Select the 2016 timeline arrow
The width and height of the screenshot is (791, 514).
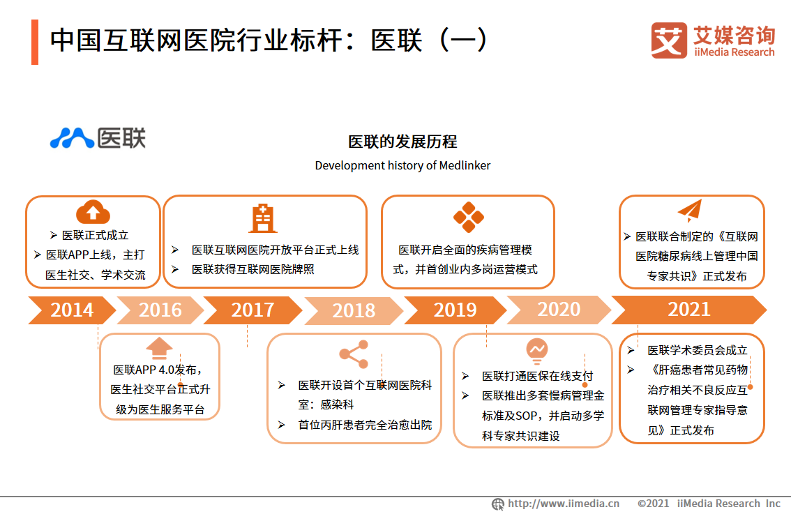(x=160, y=310)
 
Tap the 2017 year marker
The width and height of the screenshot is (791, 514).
(x=253, y=310)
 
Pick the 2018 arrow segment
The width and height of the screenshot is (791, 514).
(x=354, y=310)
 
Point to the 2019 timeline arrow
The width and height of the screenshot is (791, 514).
(x=455, y=310)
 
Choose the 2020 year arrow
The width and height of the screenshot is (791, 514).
(x=558, y=310)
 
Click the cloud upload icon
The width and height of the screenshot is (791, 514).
(x=93, y=212)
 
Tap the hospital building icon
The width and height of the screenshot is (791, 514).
(x=263, y=218)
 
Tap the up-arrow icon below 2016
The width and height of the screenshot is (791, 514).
(x=159, y=347)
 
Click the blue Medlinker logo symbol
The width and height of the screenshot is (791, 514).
(x=71, y=138)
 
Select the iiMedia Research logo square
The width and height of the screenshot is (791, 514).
(x=668, y=40)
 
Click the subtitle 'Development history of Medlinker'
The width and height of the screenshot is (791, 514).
(x=402, y=165)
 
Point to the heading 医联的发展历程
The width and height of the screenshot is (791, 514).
(x=402, y=142)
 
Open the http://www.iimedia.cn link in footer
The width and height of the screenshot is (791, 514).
(x=563, y=504)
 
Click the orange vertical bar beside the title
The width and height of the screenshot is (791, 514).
(x=35, y=42)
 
